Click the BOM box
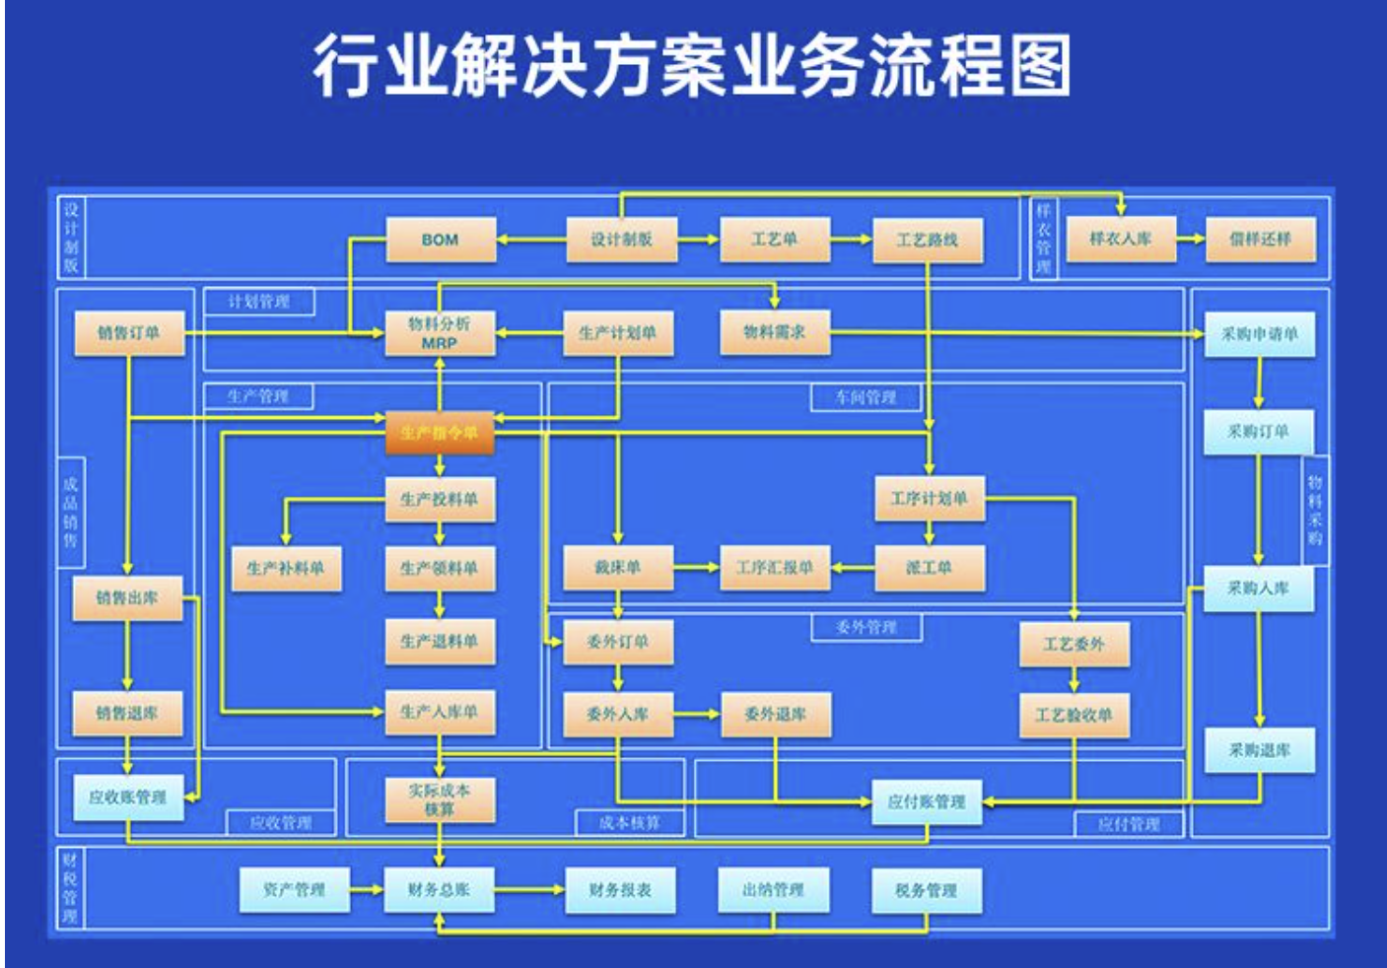click(440, 240)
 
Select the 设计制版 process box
click(621, 240)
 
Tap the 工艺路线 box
click(927, 240)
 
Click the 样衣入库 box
click(1120, 239)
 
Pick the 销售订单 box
click(128, 333)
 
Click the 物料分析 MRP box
click(440, 333)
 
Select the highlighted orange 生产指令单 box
click(439, 433)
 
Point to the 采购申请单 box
click(1259, 334)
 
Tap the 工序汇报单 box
click(774, 568)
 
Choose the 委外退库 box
click(775, 714)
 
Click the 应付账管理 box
click(926, 802)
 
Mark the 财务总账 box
click(439, 890)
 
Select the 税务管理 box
click(926, 890)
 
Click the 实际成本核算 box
click(439, 799)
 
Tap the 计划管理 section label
click(258, 302)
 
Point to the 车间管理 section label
click(866, 397)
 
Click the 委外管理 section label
click(866, 627)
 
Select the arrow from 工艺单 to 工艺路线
click(851, 239)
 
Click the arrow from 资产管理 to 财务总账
click(367, 889)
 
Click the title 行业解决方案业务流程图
click(692, 67)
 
